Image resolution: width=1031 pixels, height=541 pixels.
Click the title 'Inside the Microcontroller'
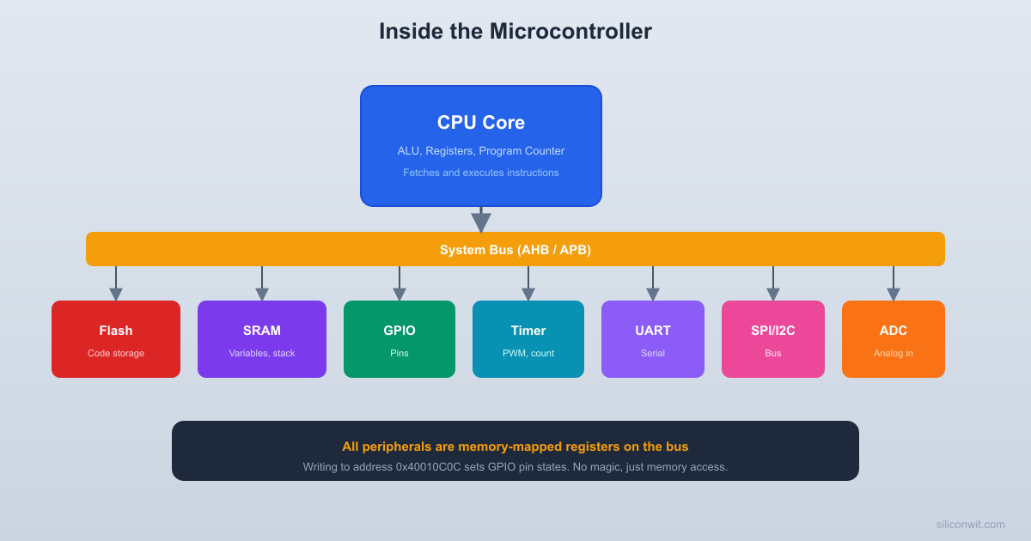tap(515, 31)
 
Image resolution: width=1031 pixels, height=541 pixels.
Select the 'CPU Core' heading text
tap(481, 123)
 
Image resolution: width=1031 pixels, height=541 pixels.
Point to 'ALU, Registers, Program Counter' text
tap(481, 151)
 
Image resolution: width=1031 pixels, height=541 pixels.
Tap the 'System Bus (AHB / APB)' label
tap(515, 250)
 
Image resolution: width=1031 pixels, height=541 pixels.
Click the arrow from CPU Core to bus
tap(481, 221)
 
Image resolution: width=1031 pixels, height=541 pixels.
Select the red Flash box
tap(116, 339)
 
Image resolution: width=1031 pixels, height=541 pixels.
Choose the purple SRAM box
tap(262, 339)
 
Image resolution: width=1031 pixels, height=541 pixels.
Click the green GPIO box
tap(400, 339)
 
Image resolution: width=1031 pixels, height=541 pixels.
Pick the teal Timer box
tap(528, 339)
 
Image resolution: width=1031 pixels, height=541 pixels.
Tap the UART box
tap(653, 339)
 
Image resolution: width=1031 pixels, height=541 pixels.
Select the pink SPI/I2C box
tap(773, 339)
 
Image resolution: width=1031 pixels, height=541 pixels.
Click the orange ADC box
tap(894, 339)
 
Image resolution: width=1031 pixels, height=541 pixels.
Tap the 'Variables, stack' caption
tap(262, 353)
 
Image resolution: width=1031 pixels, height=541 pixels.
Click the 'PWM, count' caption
tap(528, 353)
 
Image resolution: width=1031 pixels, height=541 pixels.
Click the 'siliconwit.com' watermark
tap(970, 524)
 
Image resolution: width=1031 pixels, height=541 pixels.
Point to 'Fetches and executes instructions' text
tap(481, 173)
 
